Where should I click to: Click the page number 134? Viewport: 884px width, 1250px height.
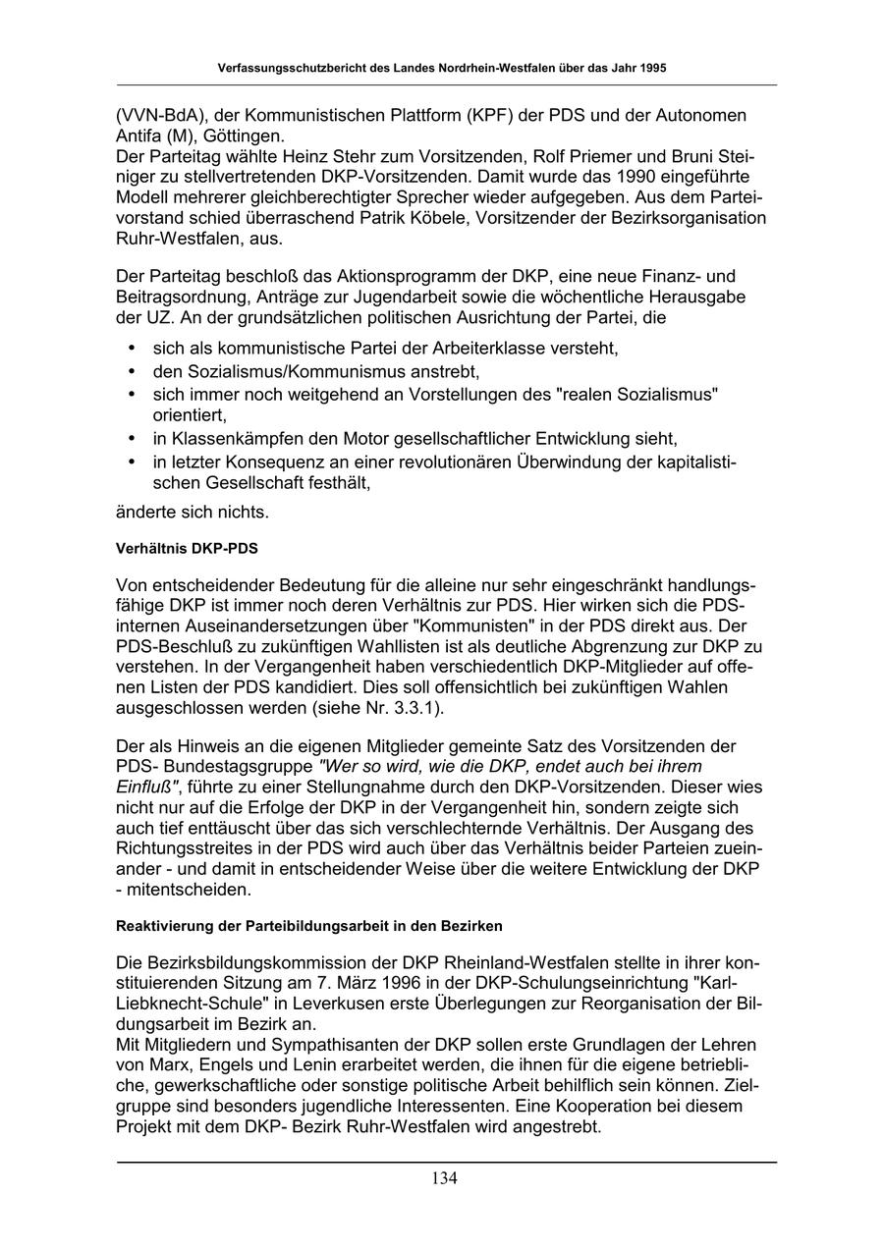[443, 1178]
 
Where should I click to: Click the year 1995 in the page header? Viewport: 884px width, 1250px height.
[652, 69]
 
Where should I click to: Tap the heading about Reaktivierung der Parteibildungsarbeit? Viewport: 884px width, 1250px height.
[309, 925]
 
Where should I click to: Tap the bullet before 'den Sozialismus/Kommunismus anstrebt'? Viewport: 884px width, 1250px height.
[133, 372]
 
